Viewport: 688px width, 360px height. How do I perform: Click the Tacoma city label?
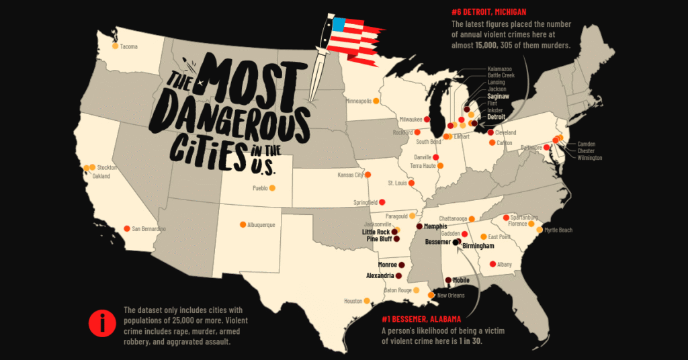pyautogui.click(x=129, y=46)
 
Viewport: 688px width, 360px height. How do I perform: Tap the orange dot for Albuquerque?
pyautogui.click(x=243, y=225)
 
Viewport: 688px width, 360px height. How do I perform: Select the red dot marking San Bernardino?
pyautogui.click(x=127, y=229)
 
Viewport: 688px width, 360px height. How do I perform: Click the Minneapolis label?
pyautogui.click(x=358, y=101)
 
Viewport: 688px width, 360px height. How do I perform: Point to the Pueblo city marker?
pyautogui.click(x=272, y=188)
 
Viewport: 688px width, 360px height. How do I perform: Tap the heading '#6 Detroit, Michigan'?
pyautogui.click(x=489, y=12)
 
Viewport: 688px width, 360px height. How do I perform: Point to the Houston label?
pyautogui.click(x=353, y=301)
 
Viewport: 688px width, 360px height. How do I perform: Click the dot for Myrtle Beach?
pyautogui.click(x=540, y=230)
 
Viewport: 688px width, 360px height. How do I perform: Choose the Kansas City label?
pyautogui.click(x=350, y=175)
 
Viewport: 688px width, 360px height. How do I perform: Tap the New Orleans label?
pyautogui.click(x=451, y=295)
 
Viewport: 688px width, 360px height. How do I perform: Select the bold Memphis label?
pyautogui.click(x=435, y=226)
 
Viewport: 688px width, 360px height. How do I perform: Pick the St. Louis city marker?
pyautogui.click(x=412, y=183)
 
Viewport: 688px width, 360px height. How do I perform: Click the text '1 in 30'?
pyautogui.click(x=471, y=341)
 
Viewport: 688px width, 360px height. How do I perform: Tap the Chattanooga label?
pyautogui.click(x=455, y=218)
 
